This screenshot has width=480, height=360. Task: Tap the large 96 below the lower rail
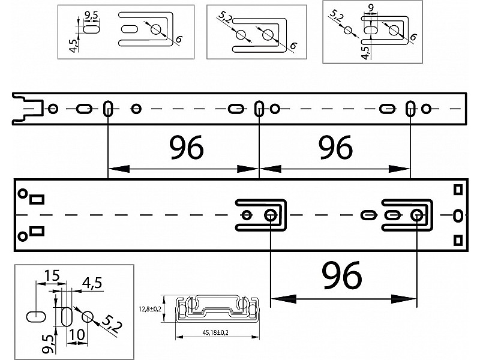(x=343, y=275)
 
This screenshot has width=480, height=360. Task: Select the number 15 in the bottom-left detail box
(x=51, y=275)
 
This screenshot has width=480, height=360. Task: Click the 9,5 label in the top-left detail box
(x=92, y=14)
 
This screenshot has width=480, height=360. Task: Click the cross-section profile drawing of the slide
(x=218, y=309)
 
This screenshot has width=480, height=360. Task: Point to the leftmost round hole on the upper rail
(x=53, y=109)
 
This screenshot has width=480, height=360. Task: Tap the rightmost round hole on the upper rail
(x=425, y=109)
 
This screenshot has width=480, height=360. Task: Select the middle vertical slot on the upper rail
(x=259, y=109)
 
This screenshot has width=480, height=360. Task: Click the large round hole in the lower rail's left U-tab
(x=271, y=214)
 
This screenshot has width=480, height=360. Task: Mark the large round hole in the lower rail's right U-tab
(x=416, y=214)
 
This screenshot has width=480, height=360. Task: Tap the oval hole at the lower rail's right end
(x=458, y=214)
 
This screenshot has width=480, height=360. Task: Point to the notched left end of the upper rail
(x=24, y=109)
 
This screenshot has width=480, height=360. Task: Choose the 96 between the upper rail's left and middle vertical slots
(x=186, y=147)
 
